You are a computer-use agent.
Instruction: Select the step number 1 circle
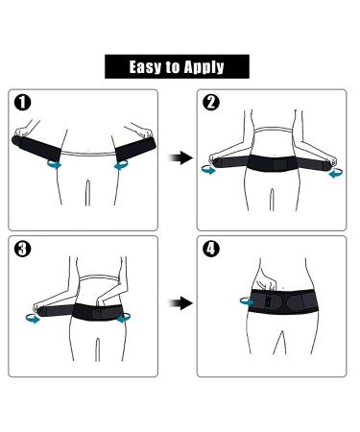[x=24, y=102]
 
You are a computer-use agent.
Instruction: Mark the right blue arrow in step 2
[x=332, y=174]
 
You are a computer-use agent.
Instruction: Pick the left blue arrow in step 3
[x=35, y=321]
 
